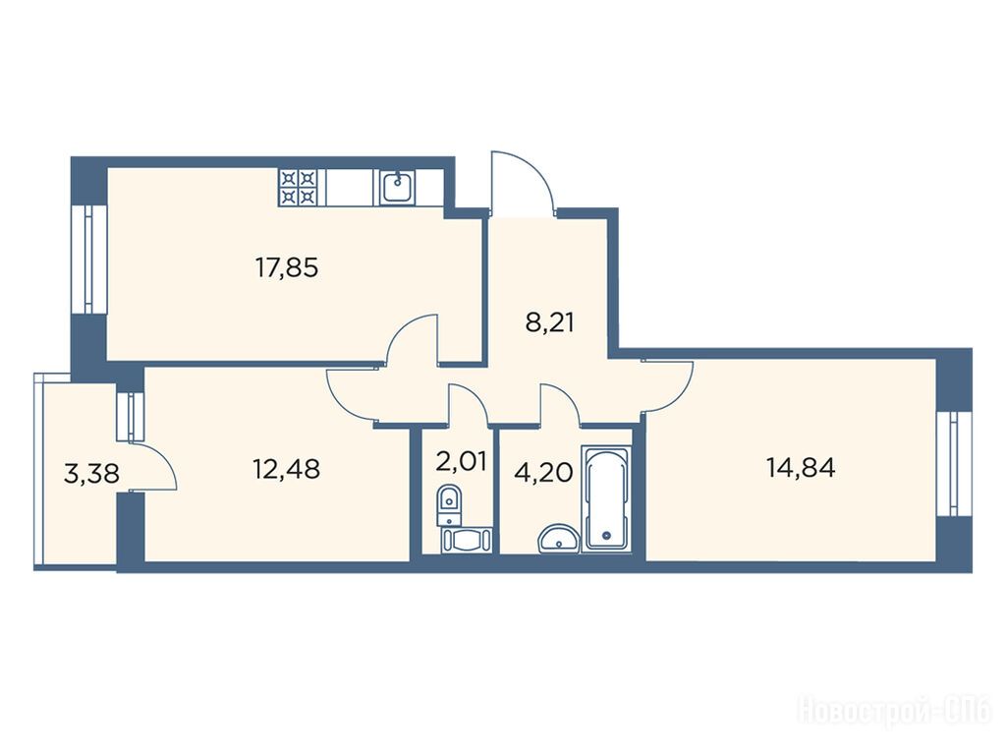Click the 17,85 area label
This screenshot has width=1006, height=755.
click(x=287, y=267)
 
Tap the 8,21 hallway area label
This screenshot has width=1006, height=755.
click(x=549, y=322)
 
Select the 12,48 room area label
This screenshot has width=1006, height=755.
click(x=286, y=469)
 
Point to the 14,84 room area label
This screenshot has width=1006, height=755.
click(x=801, y=467)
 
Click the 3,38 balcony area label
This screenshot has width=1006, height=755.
click(x=91, y=474)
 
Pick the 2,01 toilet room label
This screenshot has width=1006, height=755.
click(x=461, y=460)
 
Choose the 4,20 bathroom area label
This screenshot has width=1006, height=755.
click(x=543, y=472)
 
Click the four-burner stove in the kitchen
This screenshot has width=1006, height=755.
click(x=298, y=187)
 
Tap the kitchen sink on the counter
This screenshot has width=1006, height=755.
click(x=398, y=187)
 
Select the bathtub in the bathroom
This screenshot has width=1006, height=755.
click(x=605, y=498)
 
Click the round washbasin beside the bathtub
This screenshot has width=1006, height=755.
click(x=559, y=539)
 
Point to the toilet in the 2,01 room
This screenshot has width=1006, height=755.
click(x=449, y=504)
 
